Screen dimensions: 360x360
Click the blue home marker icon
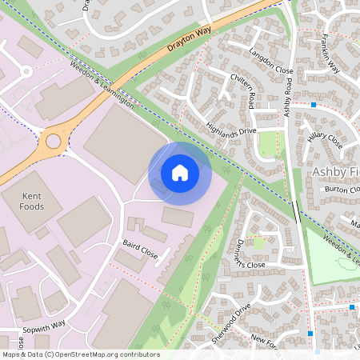(180, 173)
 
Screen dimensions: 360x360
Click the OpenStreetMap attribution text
(80, 354)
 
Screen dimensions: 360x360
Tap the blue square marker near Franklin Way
(314, 105)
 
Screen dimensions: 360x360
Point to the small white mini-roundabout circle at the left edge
(26, 71)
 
